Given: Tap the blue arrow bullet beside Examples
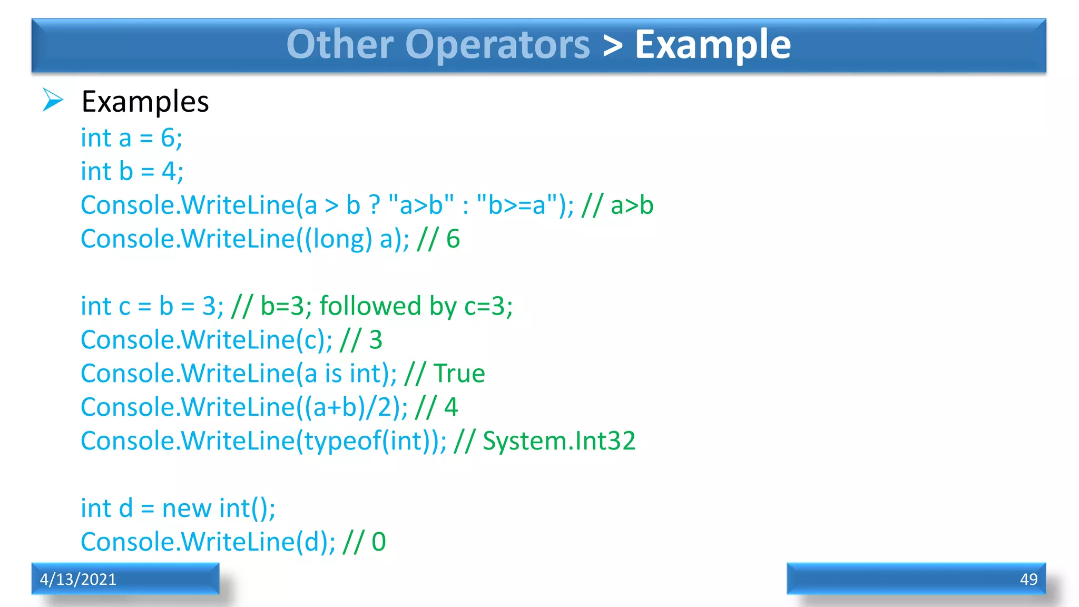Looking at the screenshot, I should pyautogui.click(x=53, y=100).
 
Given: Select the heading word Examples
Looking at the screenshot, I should pyautogui.click(x=145, y=102).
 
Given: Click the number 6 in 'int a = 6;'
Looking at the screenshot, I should pyautogui.click(x=168, y=138).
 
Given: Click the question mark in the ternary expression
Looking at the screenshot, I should pyautogui.click(x=375, y=205).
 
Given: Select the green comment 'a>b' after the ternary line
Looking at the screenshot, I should pyautogui.click(x=632, y=205).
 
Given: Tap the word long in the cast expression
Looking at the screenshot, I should pyautogui.click(x=342, y=239).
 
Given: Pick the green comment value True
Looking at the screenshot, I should pyautogui.click(x=459, y=374).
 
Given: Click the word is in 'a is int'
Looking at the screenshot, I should pyautogui.click(x=333, y=374).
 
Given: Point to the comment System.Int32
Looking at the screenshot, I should pyautogui.click(x=559, y=441).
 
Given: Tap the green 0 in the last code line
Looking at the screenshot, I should pyautogui.click(x=379, y=542).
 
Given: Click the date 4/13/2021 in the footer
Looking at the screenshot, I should pyautogui.click(x=78, y=579).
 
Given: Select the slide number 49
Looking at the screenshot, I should pyautogui.click(x=1028, y=579).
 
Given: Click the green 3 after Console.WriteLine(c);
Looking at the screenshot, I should pyautogui.click(x=376, y=340).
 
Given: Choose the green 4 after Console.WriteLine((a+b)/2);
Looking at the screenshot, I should pyautogui.click(x=451, y=407).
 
